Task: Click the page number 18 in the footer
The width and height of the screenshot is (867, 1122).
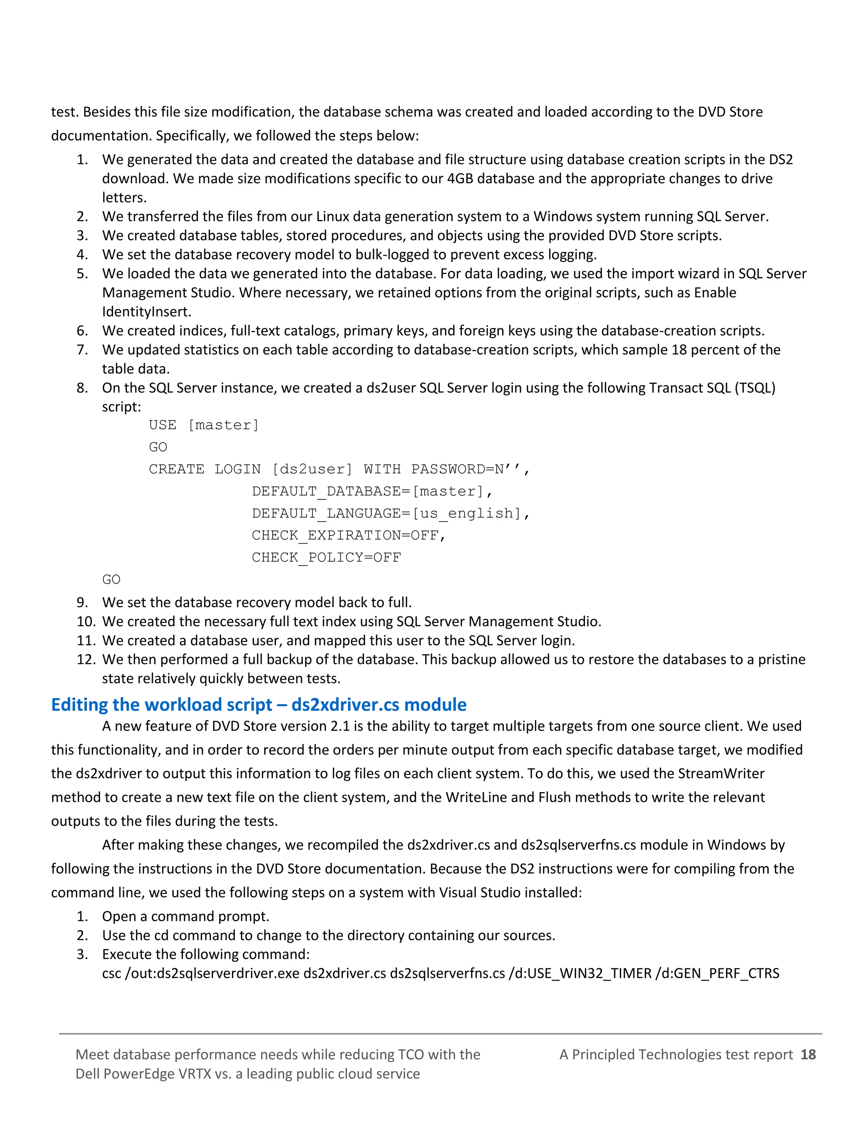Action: click(808, 1055)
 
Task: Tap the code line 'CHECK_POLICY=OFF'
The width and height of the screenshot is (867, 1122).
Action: click(326, 558)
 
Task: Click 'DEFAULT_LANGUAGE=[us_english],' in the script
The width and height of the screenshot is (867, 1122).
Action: click(390, 513)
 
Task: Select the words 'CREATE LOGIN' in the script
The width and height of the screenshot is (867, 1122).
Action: click(204, 469)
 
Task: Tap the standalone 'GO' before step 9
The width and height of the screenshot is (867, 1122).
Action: click(111, 580)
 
